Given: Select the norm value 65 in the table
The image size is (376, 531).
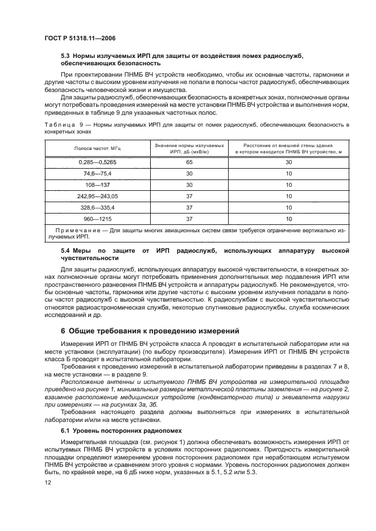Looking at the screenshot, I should tap(189, 162).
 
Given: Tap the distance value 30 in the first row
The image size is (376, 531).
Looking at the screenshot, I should tap(288, 162).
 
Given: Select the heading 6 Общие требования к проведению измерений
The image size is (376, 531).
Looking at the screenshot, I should tap(143, 330).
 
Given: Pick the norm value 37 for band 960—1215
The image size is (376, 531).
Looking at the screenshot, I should tap(189, 218).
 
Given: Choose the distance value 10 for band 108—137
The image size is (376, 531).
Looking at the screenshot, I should tap(288, 185).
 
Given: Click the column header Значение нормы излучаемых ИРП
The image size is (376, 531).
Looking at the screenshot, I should tap(189, 149).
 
